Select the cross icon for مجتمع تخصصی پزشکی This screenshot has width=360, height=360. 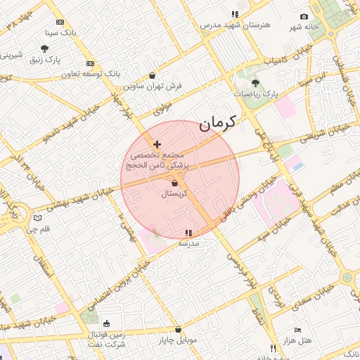coord(157,144)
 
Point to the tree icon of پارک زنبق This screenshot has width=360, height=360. coord(45,49)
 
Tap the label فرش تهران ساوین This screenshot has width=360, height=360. coord(153,86)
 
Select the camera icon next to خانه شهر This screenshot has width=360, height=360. coord(304,16)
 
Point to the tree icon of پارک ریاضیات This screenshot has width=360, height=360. coord(255,82)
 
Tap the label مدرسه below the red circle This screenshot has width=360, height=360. coord(188,243)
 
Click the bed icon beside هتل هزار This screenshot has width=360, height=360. coord(297,330)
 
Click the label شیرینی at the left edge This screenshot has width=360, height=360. coord(11,54)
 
